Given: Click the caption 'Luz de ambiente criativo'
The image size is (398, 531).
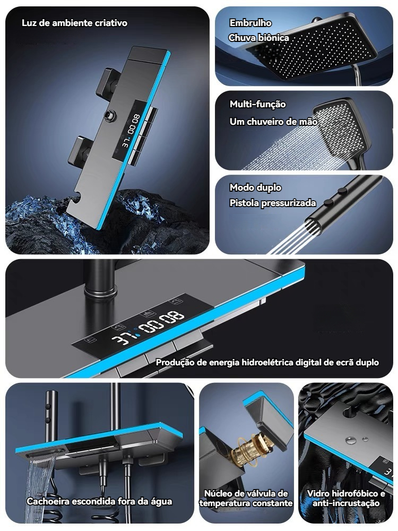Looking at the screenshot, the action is point(74,23).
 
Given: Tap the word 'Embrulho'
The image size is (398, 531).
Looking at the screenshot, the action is point(250,23).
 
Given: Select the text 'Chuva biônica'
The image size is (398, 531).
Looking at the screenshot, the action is point(259,38).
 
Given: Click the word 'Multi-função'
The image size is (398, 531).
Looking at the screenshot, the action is point(258,104).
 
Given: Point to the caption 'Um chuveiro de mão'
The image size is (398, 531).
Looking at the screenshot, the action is point(273,122).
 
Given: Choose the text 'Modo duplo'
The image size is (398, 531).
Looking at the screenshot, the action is point(256,187).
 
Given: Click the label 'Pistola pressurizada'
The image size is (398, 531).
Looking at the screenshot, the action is point(273,203).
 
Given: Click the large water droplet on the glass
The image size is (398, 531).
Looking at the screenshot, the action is point(351,440).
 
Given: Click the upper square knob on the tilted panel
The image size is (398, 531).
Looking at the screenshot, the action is point(107,81).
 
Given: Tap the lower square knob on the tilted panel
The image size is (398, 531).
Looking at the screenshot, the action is point(79,150).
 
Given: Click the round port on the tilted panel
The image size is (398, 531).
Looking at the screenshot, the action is point(110,115).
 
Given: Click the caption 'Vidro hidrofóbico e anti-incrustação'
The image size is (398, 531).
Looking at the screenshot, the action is point(346,499).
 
